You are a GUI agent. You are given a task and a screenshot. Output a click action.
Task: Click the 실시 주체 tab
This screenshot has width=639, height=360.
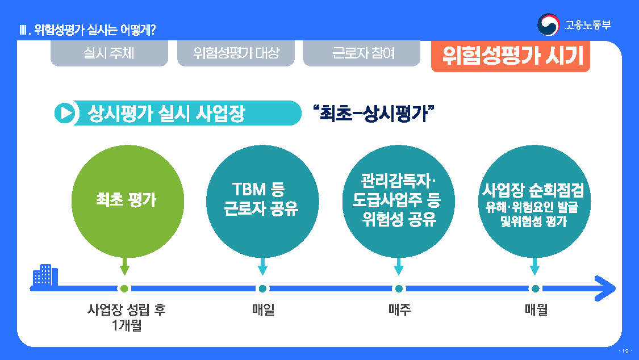(109, 54)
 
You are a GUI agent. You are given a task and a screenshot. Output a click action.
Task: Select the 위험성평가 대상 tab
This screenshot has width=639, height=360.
(236, 54)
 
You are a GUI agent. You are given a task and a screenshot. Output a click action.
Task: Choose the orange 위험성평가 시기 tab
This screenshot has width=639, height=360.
(511, 56)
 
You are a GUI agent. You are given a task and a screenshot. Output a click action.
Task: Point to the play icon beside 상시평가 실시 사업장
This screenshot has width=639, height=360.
(65, 113)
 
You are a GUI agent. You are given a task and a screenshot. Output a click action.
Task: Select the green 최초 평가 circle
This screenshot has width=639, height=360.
(127, 200)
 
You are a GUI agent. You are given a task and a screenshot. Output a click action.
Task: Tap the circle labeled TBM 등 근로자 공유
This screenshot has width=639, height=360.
(262, 200)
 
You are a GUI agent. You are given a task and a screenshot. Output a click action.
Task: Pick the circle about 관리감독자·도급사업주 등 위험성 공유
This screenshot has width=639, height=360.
(398, 200)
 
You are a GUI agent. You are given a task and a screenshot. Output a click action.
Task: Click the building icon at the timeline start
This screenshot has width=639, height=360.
(45, 277)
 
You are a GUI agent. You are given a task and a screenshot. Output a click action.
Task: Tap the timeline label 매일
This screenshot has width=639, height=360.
(263, 310)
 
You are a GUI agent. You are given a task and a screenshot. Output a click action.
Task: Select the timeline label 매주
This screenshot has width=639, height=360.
(399, 310)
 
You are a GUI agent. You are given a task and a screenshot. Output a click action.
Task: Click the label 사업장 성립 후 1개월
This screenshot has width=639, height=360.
(127, 317)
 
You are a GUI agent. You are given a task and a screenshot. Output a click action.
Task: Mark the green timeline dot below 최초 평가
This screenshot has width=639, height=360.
(126, 288)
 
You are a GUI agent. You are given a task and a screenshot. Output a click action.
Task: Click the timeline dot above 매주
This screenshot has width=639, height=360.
(399, 288)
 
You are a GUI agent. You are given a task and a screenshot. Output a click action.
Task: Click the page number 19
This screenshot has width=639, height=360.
(627, 350)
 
